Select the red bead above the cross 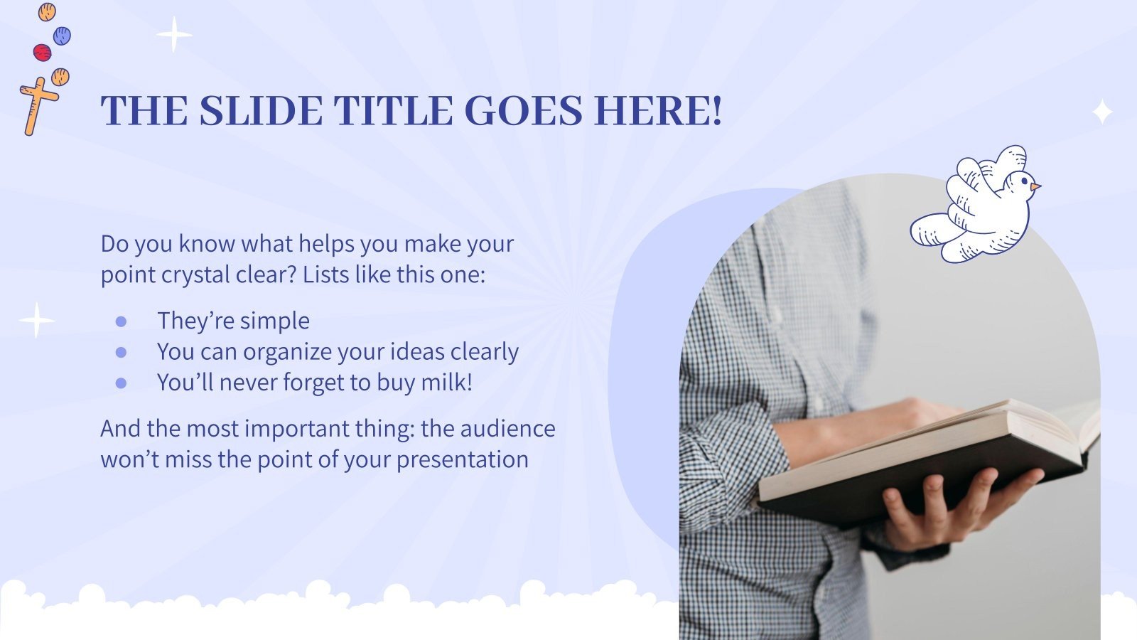[42, 52]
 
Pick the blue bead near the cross [62, 34]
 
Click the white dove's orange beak [1036, 187]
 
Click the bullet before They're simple [121, 321]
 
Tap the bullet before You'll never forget [121, 383]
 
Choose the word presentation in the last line [462, 459]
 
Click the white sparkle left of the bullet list [36, 320]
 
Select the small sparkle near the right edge [1102, 112]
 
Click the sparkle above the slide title [174, 34]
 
